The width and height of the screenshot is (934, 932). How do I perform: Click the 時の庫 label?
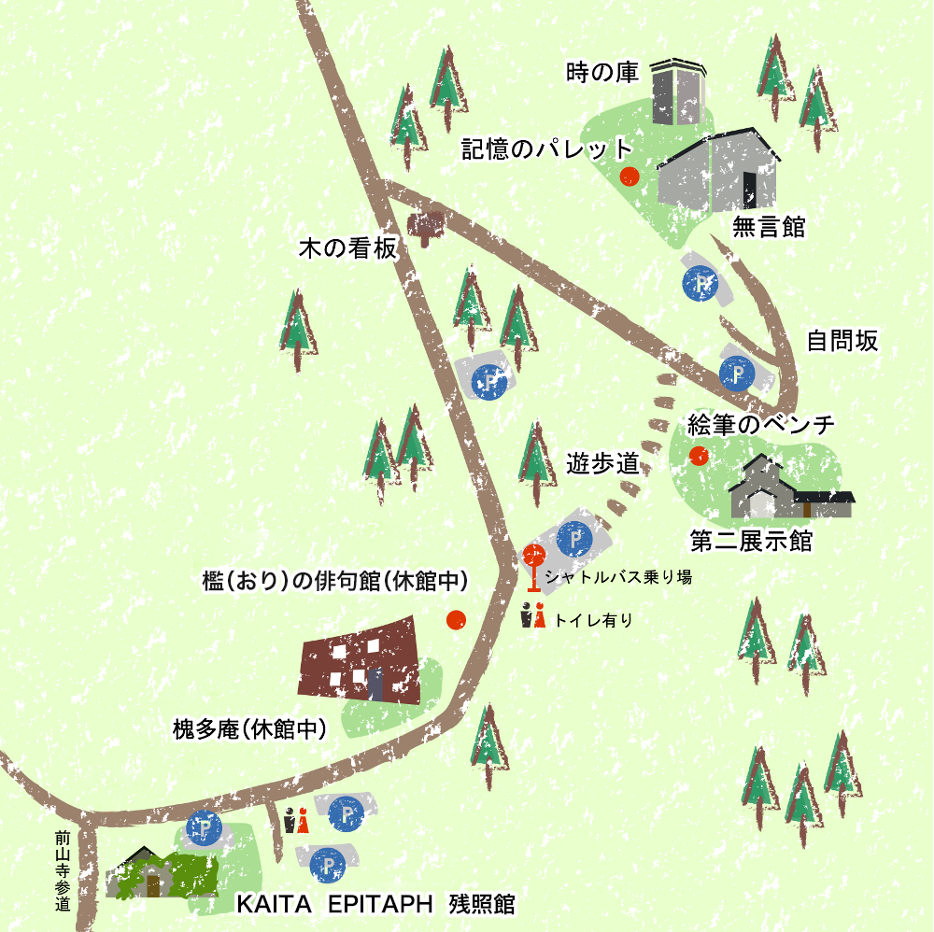601,73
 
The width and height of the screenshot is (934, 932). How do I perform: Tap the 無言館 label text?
769,227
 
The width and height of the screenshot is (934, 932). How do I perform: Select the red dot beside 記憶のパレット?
630,176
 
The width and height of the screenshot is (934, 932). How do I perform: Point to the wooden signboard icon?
426,227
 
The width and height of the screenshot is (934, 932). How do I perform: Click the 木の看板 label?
347,249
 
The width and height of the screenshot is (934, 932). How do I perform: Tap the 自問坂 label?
842,341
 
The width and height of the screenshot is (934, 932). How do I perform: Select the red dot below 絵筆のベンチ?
697,455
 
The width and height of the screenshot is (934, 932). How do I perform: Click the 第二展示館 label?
751,541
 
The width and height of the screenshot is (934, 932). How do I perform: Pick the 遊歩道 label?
602,463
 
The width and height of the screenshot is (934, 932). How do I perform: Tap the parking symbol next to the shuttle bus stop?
574,538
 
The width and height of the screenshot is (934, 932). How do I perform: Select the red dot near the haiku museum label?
456,619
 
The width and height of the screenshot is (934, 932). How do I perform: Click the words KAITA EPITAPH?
334,904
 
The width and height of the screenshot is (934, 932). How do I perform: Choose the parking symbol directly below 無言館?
700,284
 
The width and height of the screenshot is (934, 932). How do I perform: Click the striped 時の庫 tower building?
676,91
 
